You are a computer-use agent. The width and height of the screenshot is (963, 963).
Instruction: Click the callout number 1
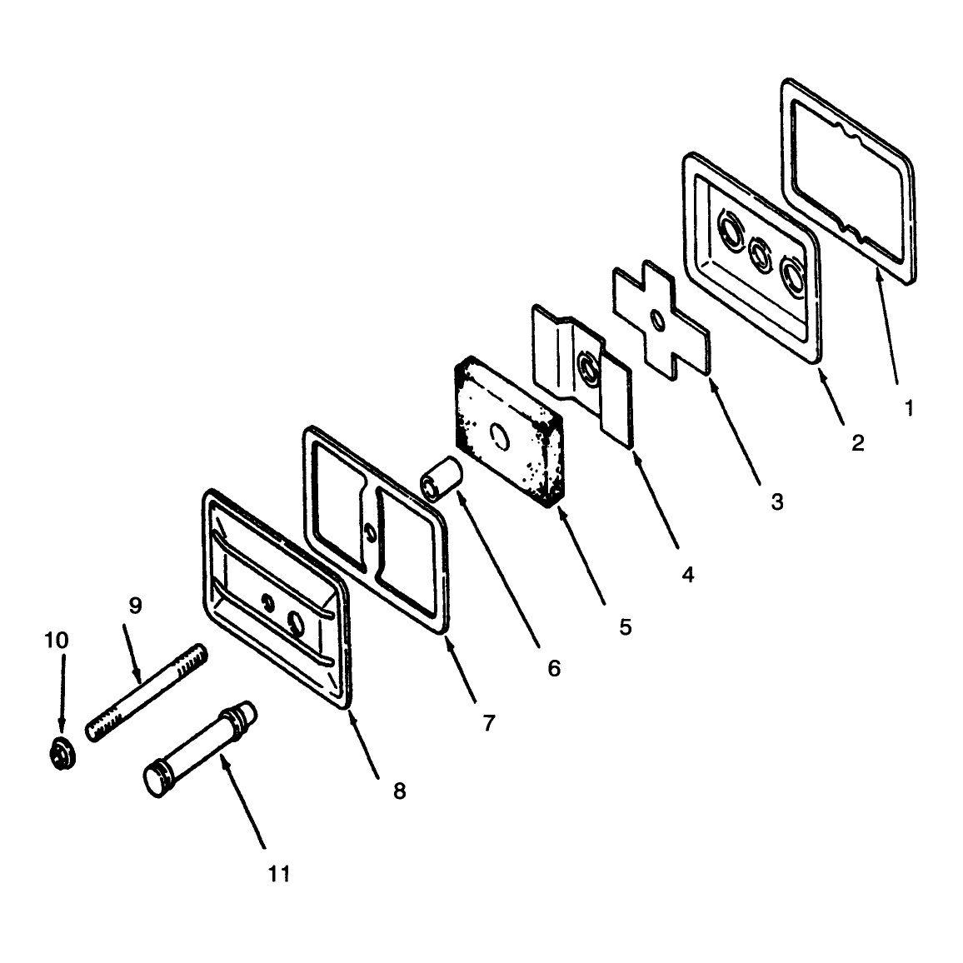pos(910,408)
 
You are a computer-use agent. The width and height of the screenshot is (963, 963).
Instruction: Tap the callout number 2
pos(858,443)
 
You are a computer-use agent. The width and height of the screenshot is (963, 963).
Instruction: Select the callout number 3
pos(777,501)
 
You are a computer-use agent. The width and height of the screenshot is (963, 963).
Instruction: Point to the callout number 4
pos(688,575)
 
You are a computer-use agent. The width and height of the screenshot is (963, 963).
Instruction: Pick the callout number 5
pos(626,627)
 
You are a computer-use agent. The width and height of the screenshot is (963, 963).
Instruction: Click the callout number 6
pos(554,668)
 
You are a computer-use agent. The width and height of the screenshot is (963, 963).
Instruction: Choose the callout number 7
pos(489,723)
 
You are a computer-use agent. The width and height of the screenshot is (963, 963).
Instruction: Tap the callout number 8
pos(400,791)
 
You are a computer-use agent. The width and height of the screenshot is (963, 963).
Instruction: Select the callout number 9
pos(135,606)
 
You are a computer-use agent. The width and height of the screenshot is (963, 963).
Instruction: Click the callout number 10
pos(57,640)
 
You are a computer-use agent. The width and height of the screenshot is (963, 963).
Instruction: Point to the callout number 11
pos(279,873)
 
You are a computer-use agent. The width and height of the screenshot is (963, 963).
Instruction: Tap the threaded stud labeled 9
pos(147,692)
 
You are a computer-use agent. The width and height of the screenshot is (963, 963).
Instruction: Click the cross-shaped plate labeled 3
pos(661,320)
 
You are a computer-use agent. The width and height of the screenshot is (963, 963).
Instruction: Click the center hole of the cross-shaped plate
pos(658,321)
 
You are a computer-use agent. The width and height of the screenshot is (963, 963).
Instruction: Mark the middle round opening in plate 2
pos(760,251)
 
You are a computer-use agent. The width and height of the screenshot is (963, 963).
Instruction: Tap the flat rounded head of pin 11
pos(155,780)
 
